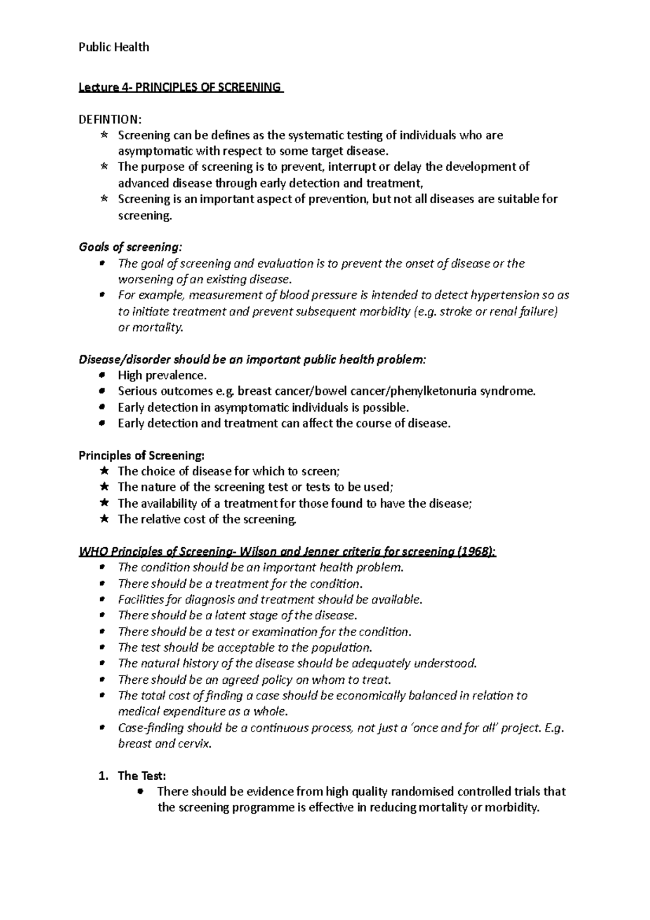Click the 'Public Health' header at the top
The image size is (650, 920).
(x=114, y=47)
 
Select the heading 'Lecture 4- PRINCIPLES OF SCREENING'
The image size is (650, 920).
(x=180, y=87)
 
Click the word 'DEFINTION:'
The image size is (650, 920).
(x=110, y=119)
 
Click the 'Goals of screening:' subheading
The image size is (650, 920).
(x=131, y=248)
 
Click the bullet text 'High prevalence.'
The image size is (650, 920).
(x=162, y=375)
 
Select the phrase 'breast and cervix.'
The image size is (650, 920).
(x=165, y=744)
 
